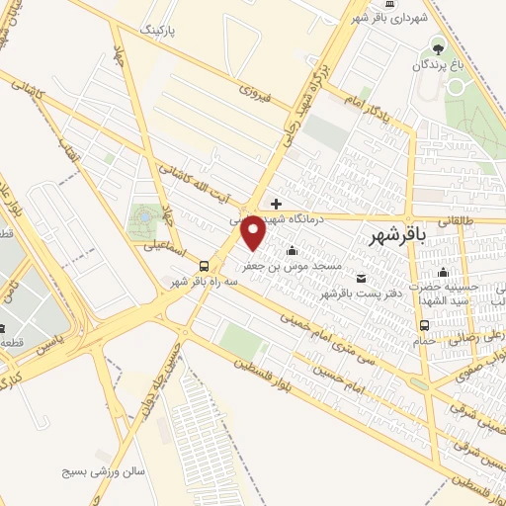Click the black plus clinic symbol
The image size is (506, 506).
[x=276, y=203]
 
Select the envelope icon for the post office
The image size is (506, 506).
[x=361, y=278]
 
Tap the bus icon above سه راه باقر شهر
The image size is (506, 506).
[x=203, y=265]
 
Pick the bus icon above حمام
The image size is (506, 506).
[x=425, y=324]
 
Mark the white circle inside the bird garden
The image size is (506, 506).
[x=457, y=87]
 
